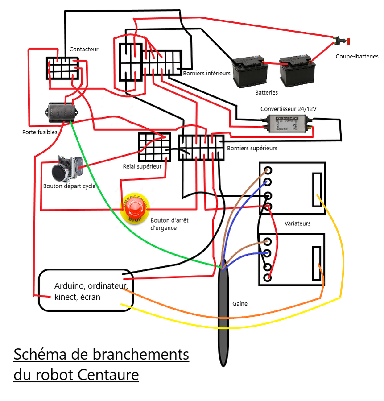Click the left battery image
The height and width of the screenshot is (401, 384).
tap(248, 71)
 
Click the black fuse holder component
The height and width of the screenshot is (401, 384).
tap(61, 112)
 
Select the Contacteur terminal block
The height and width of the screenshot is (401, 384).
tap(62, 68)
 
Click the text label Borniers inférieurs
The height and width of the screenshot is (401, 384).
tap(206, 73)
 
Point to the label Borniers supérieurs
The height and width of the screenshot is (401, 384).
tap(252, 148)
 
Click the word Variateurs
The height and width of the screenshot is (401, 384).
tap(297, 223)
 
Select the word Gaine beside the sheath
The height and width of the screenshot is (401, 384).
tap(240, 304)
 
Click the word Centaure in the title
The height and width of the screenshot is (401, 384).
tap(108, 375)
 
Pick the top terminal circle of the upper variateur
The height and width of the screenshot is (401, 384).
tap(268, 170)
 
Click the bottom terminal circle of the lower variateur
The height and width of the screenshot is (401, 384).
tap(268, 277)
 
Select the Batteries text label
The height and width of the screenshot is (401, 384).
tap(266, 93)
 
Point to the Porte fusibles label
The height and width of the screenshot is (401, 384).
tap(40, 132)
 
